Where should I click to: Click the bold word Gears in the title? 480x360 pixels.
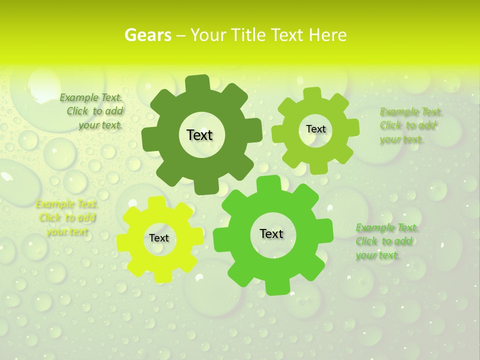(147, 35)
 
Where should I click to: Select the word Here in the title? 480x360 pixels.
(327, 35)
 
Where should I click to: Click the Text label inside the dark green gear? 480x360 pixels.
(199, 135)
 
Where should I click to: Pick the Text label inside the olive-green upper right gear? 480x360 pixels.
(315, 129)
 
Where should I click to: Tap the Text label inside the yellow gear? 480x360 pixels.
(159, 238)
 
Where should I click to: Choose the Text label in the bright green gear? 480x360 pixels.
(271, 234)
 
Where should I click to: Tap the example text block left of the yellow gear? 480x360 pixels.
(66, 218)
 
